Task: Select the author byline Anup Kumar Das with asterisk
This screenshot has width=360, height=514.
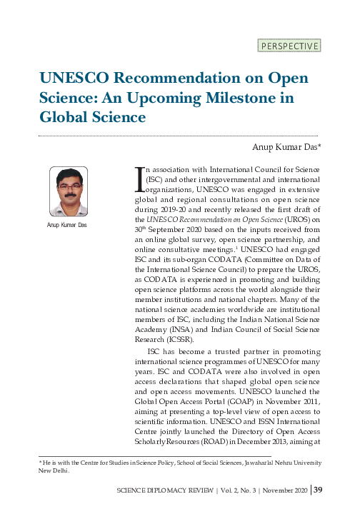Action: pos(286,148)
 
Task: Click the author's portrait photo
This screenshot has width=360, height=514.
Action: pos(69,191)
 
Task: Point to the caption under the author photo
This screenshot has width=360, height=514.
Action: pos(69,226)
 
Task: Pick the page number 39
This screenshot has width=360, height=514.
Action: pos(319,490)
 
